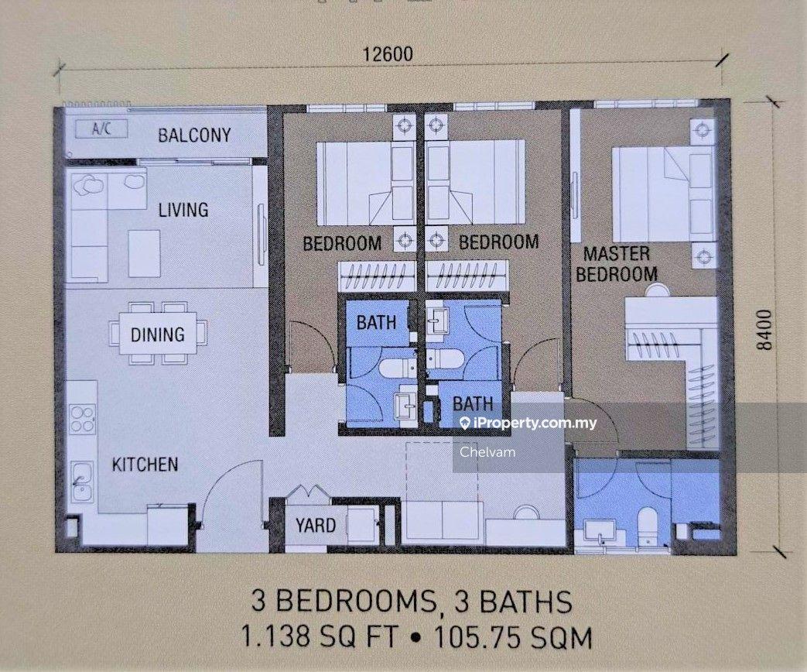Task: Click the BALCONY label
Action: point(194,135)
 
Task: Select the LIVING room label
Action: point(183,210)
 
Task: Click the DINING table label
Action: point(157,334)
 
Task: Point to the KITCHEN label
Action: point(145,465)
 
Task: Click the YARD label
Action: point(316,526)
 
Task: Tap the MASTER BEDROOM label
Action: point(621,263)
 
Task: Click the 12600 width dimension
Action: point(388,54)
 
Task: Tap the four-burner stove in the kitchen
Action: point(81,418)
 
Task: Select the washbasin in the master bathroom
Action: point(600,530)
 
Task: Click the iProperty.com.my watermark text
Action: point(534,423)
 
